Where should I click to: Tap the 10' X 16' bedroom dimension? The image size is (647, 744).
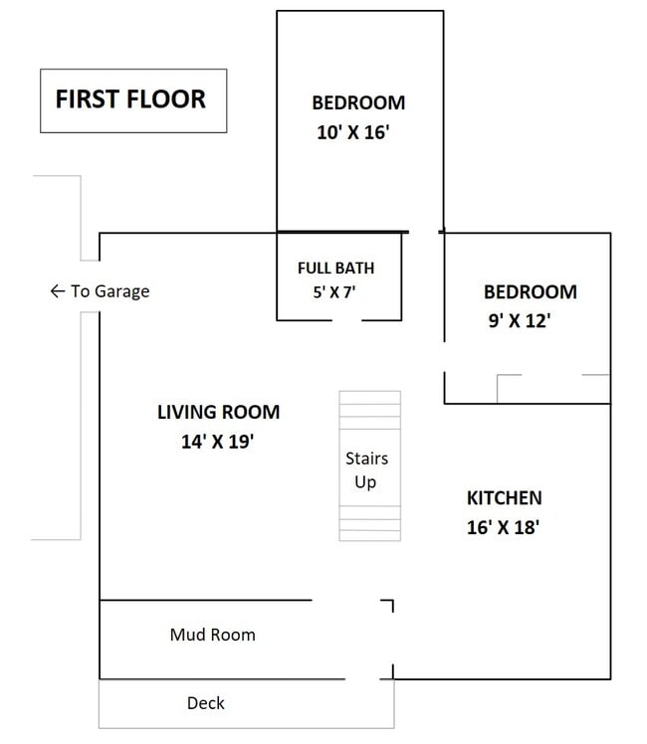[353, 132]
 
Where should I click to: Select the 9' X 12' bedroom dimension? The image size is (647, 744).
[520, 320]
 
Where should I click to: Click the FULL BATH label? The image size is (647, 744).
[335, 269]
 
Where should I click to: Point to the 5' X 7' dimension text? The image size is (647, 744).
[334, 291]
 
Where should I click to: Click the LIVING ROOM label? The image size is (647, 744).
[218, 412]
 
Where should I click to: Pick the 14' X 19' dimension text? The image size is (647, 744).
[217, 442]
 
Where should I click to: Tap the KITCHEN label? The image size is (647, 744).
[504, 497]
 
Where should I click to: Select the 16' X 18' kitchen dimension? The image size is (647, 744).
[503, 527]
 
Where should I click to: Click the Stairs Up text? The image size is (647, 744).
[366, 469]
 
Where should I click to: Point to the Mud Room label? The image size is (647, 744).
[213, 635]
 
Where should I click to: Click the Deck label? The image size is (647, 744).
[205, 702]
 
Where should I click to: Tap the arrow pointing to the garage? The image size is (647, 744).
[58, 290]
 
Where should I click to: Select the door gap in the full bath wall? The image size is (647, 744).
[347, 320]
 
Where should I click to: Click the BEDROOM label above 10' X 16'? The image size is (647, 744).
[358, 102]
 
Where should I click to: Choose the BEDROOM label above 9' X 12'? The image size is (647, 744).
[531, 291]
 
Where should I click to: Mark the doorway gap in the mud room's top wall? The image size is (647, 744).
[346, 600]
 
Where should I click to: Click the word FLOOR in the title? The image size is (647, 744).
[166, 99]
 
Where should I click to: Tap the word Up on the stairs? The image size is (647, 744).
[365, 482]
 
